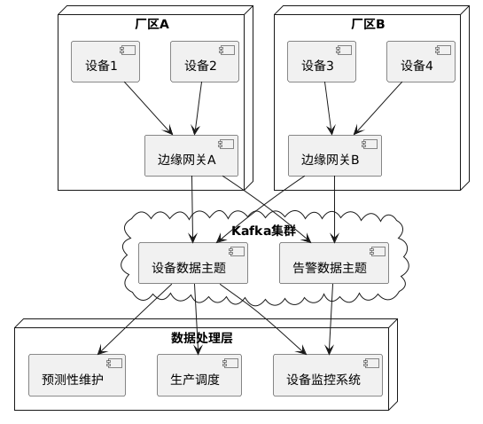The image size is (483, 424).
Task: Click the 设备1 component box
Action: point(105,62)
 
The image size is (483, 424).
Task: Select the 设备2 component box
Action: point(205,62)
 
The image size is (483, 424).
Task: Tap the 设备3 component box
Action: point(322,62)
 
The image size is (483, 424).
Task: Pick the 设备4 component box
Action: point(421,62)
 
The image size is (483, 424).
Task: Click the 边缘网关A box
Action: point(191,156)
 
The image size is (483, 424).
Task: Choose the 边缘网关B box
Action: point(335,156)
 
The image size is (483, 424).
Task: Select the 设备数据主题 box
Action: point(193,263)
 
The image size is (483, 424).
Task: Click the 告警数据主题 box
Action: point(334,263)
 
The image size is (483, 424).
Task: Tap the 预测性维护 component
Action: point(77,375)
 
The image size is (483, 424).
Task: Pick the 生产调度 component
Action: point(199,375)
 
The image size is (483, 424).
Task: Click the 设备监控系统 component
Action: point(328,375)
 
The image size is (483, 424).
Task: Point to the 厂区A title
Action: point(152,24)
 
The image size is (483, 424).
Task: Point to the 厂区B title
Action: point(368,24)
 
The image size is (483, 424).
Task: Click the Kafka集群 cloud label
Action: point(264,231)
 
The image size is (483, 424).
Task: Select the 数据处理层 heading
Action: point(202,338)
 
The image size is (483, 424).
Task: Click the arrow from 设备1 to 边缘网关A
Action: point(149,108)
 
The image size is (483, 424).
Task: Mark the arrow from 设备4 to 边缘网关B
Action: point(378,108)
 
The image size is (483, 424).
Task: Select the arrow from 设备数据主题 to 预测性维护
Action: point(135,319)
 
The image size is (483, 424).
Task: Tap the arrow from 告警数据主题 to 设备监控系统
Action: point(331,319)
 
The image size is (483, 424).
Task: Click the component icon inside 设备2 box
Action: point(227,51)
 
